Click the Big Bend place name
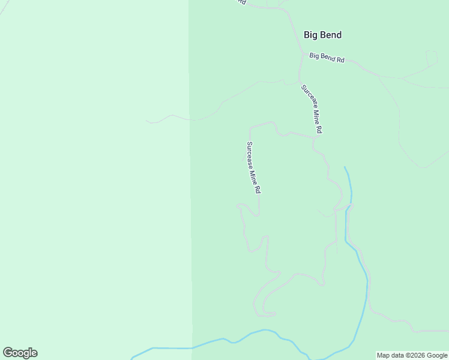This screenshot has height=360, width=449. [x=322, y=35]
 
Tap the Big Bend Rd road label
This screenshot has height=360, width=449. [x=327, y=58]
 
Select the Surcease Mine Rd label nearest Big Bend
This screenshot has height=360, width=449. [x=312, y=109]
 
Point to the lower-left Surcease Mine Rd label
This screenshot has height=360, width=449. [x=253, y=167]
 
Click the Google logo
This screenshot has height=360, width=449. [x=20, y=353]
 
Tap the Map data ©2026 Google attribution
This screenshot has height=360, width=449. [x=412, y=355]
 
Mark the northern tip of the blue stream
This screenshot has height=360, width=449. [x=345, y=167]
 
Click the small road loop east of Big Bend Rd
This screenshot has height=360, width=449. [x=432, y=57]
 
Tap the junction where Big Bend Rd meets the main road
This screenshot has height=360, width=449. [x=303, y=55]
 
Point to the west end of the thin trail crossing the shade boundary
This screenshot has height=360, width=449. [x=147, y=121]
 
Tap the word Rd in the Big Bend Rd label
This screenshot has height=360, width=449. [x=340, y=60]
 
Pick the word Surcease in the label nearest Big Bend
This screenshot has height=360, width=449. [x=309, y=97]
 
